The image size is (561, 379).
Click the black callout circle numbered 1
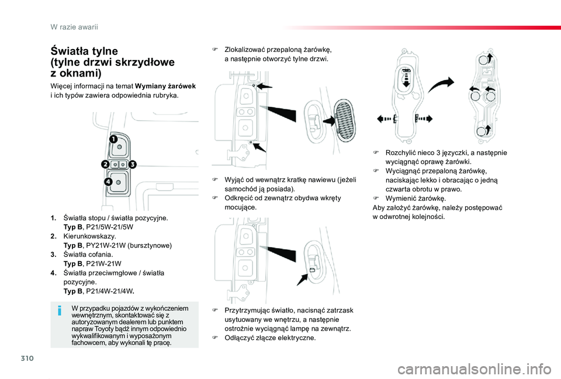coord(112,138)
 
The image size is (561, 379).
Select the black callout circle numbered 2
coord(106,165)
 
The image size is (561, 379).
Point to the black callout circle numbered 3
coord(132,165)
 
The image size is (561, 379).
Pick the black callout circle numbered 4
coord(109,183)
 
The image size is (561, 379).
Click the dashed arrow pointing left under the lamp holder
coord(386,119)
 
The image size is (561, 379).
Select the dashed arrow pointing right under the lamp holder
coord(424,119)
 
